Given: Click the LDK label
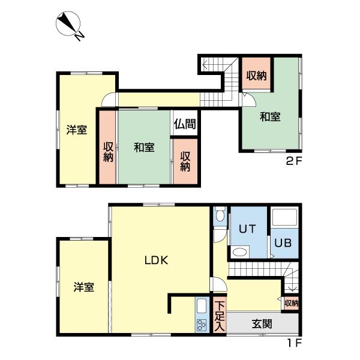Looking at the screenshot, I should coord(159,260).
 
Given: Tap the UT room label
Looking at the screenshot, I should coord(247,229).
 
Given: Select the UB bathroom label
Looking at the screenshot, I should coord(283,243).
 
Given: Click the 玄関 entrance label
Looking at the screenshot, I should coord(262,324).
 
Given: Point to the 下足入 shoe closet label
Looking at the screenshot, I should coord(220,317).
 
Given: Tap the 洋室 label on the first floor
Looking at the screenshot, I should coord(83,287).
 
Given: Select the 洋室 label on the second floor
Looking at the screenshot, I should coord(76,130).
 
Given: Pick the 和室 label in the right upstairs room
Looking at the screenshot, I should coord(269,117).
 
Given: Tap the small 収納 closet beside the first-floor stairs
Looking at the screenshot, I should coord(292,304).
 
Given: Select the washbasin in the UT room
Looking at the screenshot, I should coord(239,253).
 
